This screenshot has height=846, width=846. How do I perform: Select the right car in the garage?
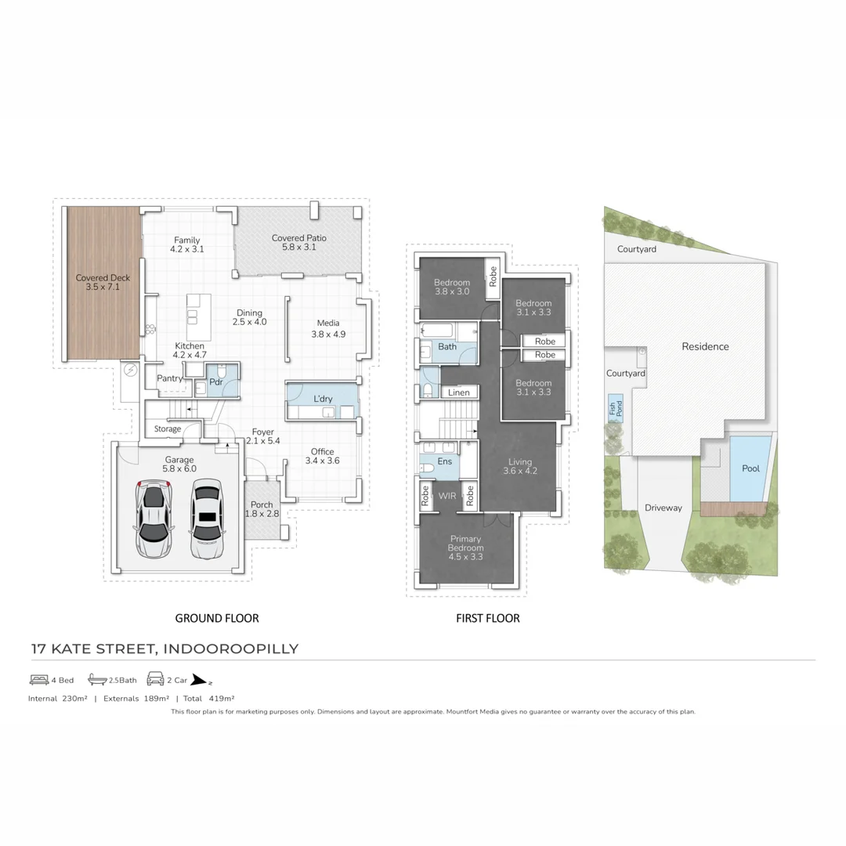tap(206, 519)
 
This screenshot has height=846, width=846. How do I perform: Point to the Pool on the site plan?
tap(750, 468)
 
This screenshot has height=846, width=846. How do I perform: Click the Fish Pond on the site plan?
tap(616, 408)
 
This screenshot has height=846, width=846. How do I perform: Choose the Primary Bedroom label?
tap(465, 548)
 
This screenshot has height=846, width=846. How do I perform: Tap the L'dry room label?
tap(323, 399)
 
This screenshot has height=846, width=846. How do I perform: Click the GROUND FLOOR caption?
tap(216, 618)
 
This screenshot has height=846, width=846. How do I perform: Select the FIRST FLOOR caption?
tap(487, 618)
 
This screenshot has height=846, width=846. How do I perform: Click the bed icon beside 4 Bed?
tap(39, 679)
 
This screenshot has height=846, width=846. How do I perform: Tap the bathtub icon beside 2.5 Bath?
tap(96, 679)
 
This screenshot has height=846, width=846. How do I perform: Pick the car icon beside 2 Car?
tap(154, 679)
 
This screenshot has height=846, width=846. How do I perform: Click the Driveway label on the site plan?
tap(663, 508)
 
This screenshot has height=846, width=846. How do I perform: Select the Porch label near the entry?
tap(262, 504)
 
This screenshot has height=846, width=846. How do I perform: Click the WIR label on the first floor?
tap(446, 496)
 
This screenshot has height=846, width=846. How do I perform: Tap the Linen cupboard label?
tap(458, 392)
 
